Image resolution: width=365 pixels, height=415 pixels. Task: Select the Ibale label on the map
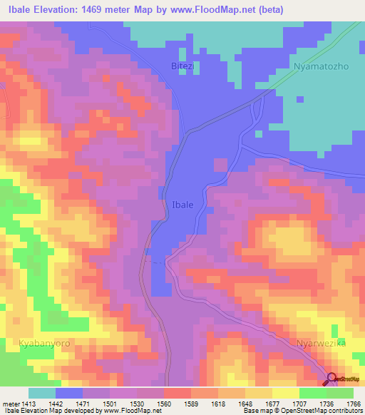coord(182,205)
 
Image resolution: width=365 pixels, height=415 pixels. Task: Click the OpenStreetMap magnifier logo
coord(332,379)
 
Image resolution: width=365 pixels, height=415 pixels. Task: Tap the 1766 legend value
coord(354,404)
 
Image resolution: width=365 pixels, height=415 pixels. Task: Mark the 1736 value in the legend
coord(327,404)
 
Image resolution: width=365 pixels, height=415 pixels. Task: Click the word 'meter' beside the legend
coord(9,404)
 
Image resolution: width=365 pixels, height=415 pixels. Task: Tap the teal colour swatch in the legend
coord(42,393)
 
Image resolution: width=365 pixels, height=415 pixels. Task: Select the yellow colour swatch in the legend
coord(285,393)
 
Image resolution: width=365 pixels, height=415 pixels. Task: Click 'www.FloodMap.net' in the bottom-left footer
coord(132,411)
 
